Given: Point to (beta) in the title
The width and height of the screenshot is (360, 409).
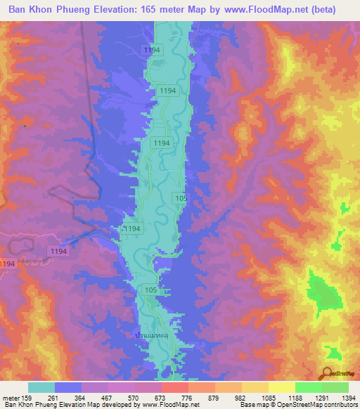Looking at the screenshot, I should (x=322, y=10).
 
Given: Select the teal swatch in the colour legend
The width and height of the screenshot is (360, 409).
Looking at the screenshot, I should (x=41, y=387).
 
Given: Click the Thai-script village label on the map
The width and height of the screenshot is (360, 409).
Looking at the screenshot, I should (x=153, y=337).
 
